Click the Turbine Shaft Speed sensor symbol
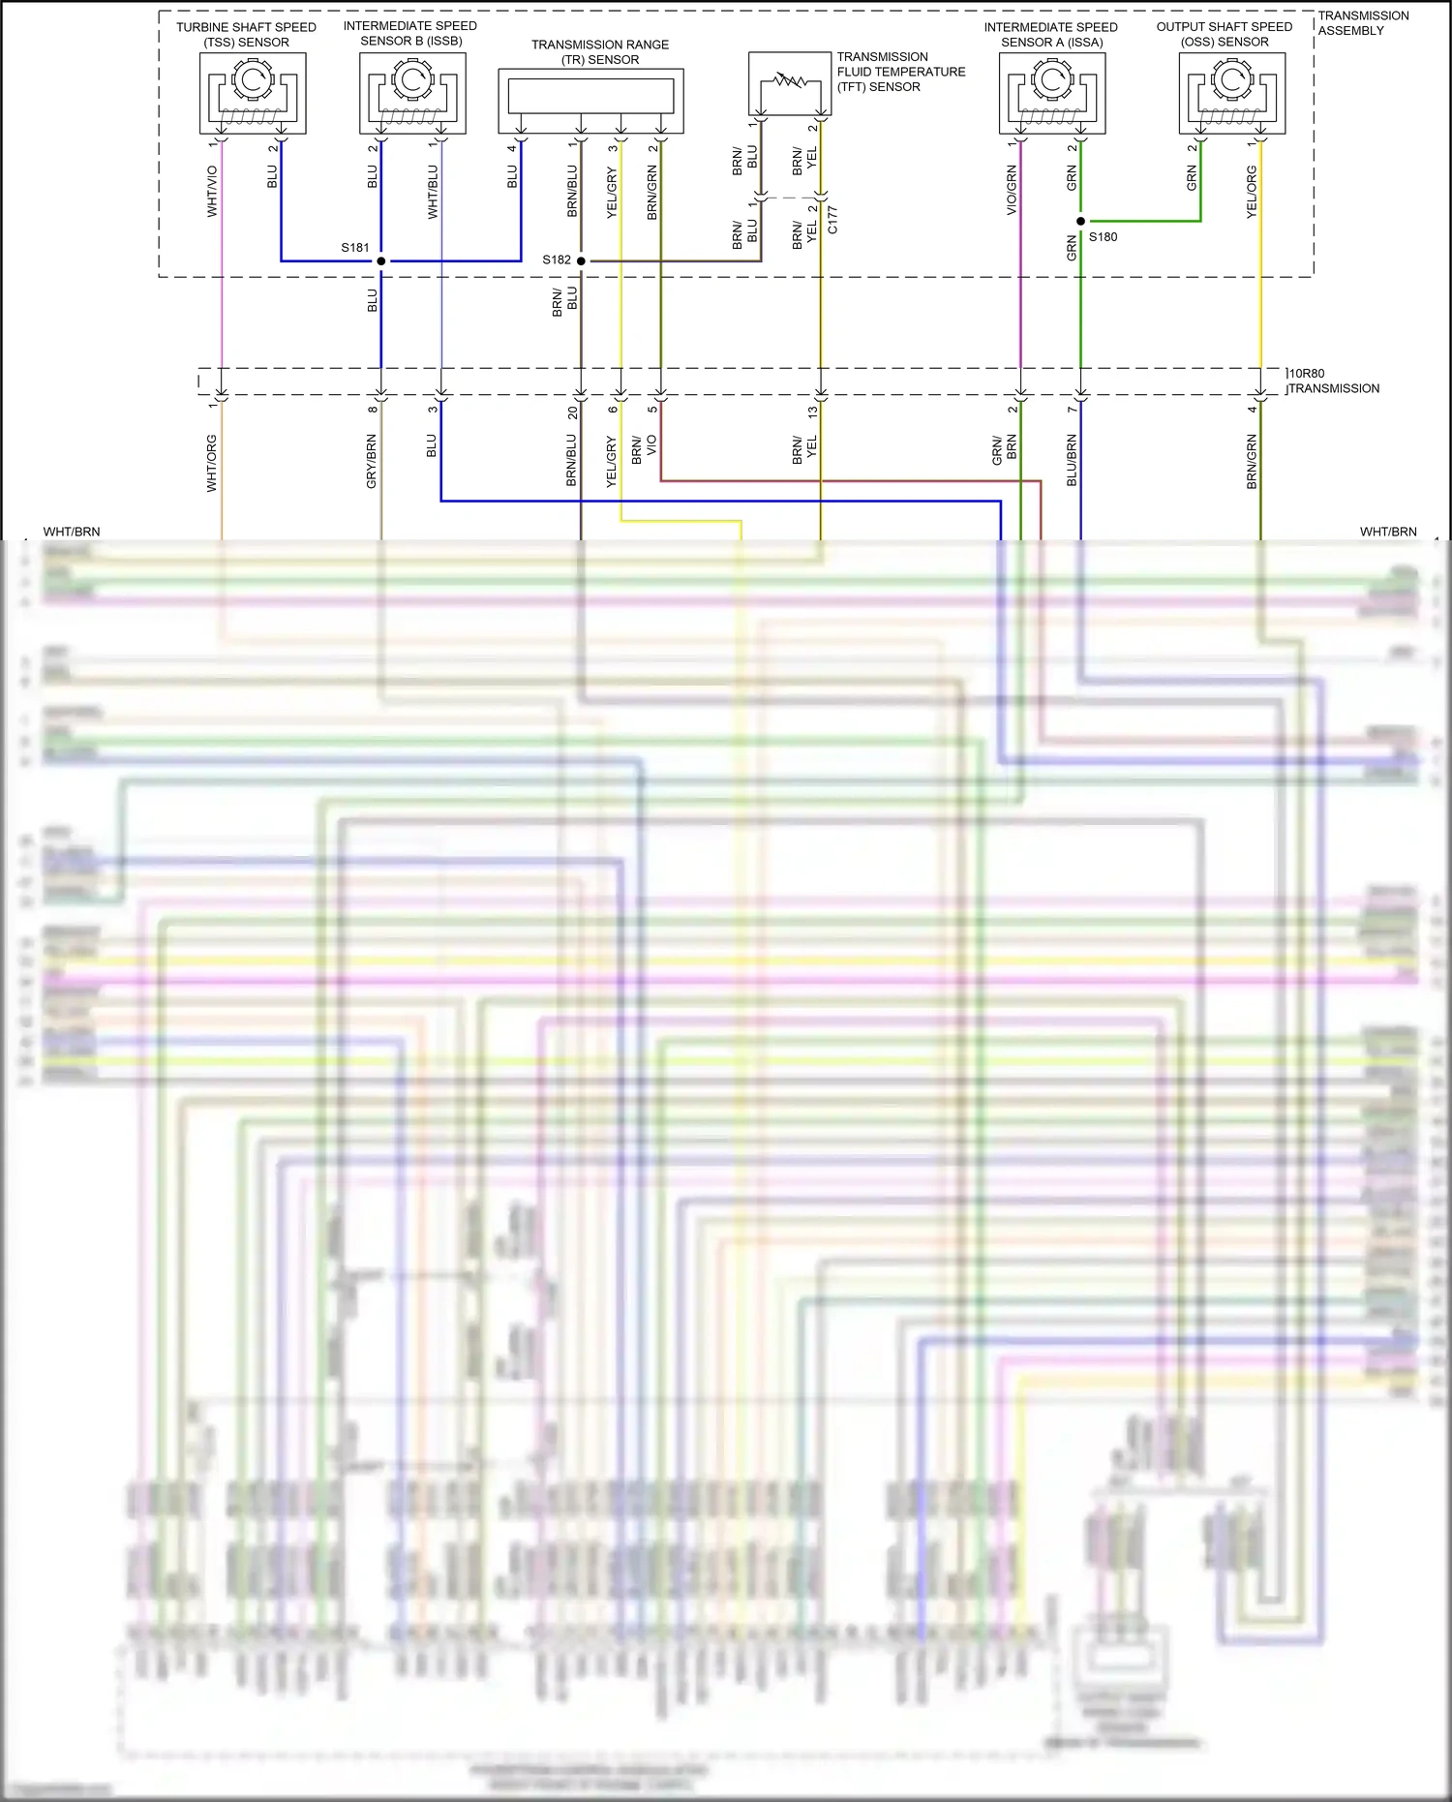pyautogui.click(x=253, y=93)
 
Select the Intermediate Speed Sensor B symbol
pyautogui.click(x=412, y=93)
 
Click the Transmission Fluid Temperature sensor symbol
pyautogui.click(x=790, y=84)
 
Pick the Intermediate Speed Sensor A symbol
pyautogui.click(x=1052, y=93)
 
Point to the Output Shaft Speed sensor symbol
pyautogui.click(x=1232, y=93)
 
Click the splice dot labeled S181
pyautogui.click(x=381, y=260)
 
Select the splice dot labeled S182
pyautogui.click(x=581, y=260)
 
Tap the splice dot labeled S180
pyautogui.click(x=1081, y=222)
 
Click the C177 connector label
pyautogui.click(x=832, y=220)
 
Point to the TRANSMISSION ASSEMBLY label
pyautogui.click(x=1363, y=23)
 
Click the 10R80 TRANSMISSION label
pyautogui.click(x=1334, y=381)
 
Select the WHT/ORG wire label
pyautogui.click(x=211, y=463)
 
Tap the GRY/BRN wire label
pyautogui.click(x=371, y=461)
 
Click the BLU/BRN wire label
pyautogui.click(x=1072, y=460)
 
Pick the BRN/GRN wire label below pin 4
pyautogui.click(x=1252, y=461)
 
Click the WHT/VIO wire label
pyautogui.click(x=212, y=191)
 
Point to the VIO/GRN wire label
pyautogui.click(x=1012, y=190)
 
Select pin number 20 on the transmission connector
pyautogui.click(x=572, y=412)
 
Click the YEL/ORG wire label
pyautogui.click(x=1252, y=192)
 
